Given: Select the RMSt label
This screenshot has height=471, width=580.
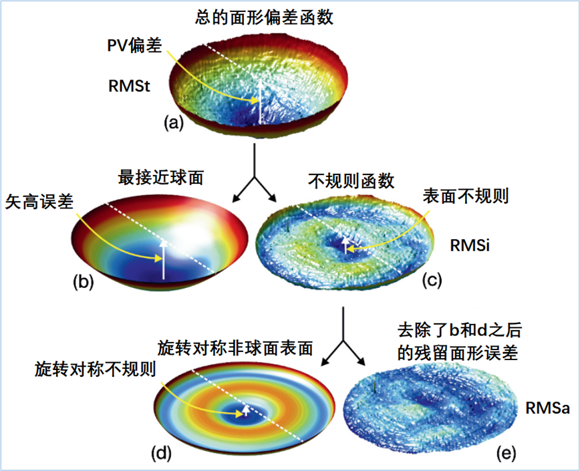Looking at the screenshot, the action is pyautogui.click(x=128, y=86).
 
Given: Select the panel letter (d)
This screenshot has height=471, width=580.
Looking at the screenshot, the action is pyautogui.click(x=163, y=453).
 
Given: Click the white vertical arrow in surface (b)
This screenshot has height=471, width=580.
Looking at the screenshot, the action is pyautogui.click(x=162, y=260).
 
